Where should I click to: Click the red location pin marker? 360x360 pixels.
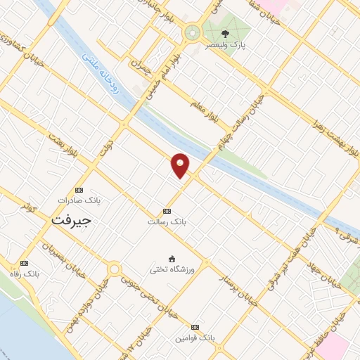[180, 165]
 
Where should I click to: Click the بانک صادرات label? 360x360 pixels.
[79, 200]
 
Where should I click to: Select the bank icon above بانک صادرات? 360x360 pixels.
[79, 190]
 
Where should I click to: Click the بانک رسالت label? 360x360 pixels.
[165, 221]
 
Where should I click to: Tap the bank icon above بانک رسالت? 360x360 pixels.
[167, 211]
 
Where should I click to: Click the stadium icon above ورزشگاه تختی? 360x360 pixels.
[172, 258]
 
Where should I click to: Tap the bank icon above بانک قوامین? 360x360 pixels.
[195, 328]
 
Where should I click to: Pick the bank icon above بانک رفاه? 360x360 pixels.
[26, 264]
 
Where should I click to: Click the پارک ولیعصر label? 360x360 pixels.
[223, 44]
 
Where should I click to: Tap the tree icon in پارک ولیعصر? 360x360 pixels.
[225, 33]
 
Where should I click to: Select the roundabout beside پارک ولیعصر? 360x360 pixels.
[191, 32]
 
